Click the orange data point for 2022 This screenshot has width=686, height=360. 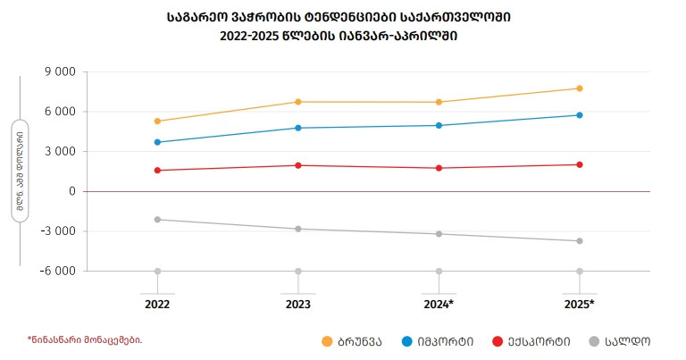coord(157,121)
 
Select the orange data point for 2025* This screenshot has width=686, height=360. coord(580,88)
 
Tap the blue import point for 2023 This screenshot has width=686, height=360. coord(298,128)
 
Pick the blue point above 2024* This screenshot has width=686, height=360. coord(439,125)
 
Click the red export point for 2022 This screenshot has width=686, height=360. coord(157,170)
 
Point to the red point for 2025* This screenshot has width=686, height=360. coord(580,164)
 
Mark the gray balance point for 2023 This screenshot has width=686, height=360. coord(298,229)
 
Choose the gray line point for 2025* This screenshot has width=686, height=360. coord(580,241)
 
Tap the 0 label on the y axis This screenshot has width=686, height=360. coord(70,191)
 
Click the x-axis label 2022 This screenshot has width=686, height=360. coord(157,305)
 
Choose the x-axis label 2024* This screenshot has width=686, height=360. coord(439,305)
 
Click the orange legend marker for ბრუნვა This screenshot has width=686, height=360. coord(328,341)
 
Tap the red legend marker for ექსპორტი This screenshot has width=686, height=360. coord(498,341)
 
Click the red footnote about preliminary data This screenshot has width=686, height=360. coord(84,339)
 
